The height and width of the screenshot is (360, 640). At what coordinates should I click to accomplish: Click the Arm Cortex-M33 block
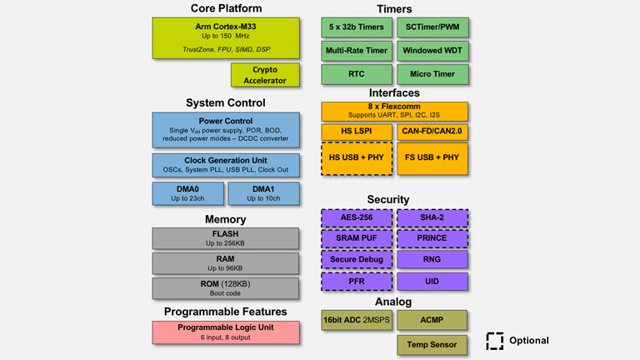(x=225, y=37)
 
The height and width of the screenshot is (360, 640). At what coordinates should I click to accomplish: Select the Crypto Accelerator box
(x=264, y=75)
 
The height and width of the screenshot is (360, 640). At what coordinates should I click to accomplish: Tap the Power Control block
(x=225, y=129)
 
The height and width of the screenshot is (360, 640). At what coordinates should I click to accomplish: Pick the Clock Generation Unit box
(x=225, y=164)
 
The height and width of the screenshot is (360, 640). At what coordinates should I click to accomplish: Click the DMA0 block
(x=187, y=194)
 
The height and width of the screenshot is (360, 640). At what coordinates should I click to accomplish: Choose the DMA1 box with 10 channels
(x=263, y=194)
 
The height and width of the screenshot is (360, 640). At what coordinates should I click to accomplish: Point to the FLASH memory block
(x=225, y=238)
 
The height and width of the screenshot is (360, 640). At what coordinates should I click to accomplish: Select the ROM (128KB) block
(x=225, y=288)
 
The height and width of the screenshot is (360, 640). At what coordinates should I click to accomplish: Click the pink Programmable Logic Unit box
(x=225, y=332)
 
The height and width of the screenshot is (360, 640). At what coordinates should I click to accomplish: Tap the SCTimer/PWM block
(x=432, y=27)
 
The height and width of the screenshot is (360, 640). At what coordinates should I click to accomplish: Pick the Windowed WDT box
(x=432, y=51)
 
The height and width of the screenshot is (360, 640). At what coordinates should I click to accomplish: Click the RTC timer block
(x=356, y=74)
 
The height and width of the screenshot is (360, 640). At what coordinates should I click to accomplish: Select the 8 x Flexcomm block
(x=394, y=111)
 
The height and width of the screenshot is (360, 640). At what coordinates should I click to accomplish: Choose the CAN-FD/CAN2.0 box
(x=432, y=132)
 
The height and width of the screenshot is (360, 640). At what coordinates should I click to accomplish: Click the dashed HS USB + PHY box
(x=356, y=157)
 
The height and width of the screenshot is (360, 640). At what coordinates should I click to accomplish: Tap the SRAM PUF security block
(x=356, y=238)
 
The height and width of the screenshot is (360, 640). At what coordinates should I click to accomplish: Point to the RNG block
(x=432, y=260)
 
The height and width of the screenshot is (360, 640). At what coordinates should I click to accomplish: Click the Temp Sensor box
(x=432, y=344)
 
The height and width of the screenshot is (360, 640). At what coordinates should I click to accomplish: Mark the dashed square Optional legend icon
(x=495, y=341)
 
